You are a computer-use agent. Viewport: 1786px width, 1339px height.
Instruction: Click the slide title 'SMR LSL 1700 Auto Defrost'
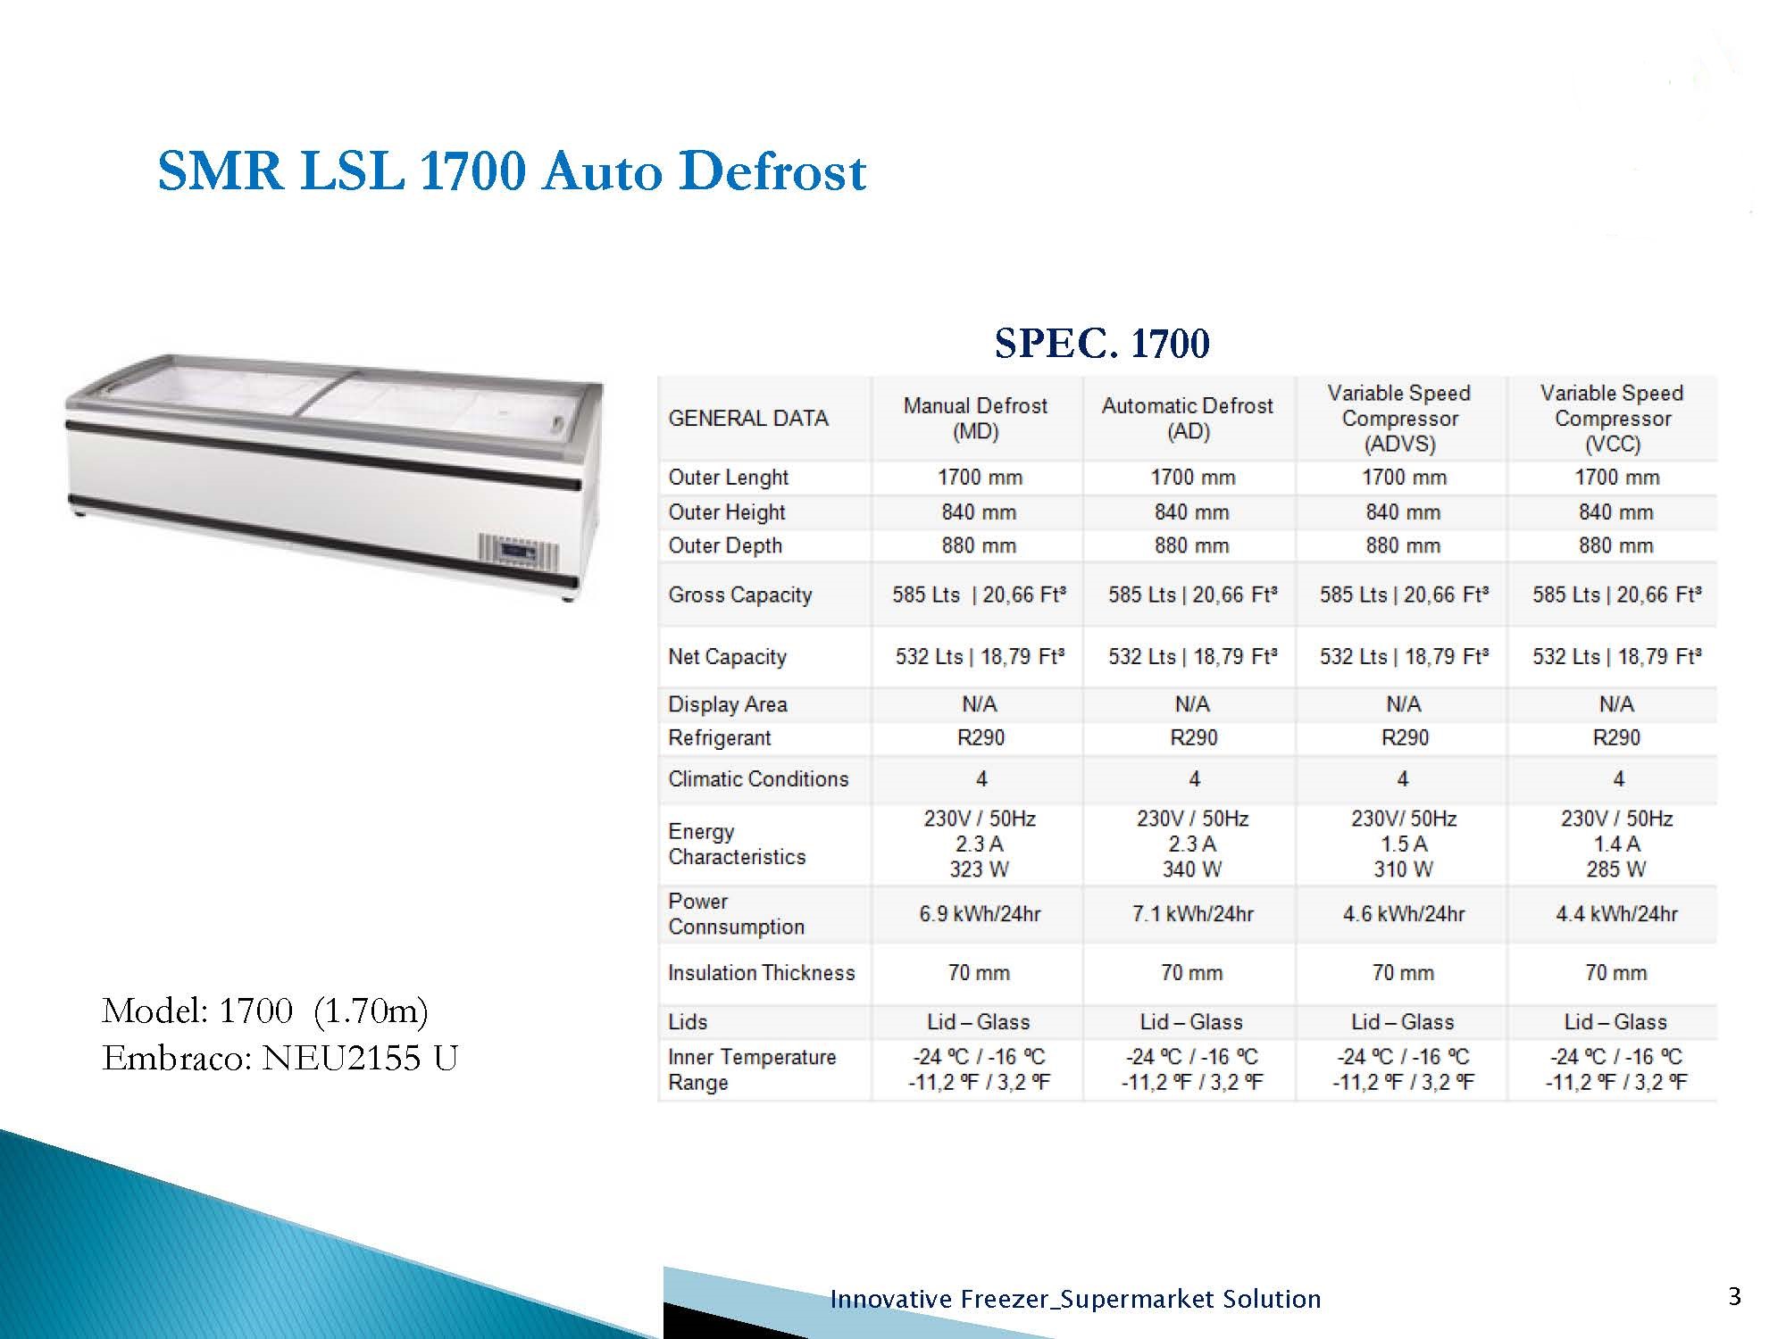point(512,170)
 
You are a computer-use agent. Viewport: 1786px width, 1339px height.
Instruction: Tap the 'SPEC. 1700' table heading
point(1102,344)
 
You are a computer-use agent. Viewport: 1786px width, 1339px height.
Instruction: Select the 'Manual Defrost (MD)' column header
point(975,419)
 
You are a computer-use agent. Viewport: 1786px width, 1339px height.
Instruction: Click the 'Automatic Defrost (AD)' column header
point(1188,419)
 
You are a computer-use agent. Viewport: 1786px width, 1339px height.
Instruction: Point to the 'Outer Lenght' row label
point(728,478)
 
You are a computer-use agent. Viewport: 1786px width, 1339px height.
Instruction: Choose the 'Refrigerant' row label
point(719,738)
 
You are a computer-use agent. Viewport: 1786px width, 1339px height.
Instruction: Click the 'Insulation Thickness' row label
point(761,973)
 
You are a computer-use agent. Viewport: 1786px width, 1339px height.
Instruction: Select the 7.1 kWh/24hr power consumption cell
point(1192,914)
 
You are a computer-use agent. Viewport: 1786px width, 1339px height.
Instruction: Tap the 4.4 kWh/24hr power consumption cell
point(1616,914)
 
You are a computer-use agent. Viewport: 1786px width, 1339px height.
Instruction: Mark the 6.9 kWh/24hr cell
point(980,914)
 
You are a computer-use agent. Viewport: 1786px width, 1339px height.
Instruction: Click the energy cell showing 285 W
point(1616,844)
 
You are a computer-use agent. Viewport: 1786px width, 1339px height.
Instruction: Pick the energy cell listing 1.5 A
point(1404,844)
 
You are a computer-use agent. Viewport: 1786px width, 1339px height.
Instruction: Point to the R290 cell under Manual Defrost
point(981,738)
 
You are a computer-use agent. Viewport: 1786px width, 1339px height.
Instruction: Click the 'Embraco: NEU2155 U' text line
point(280,1059)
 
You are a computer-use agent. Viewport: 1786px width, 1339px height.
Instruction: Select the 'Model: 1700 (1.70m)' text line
point(265,1011)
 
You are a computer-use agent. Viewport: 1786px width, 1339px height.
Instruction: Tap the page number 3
point(1734,1297)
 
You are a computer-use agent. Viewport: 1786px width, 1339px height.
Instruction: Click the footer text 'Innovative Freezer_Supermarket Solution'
point(1075,1299)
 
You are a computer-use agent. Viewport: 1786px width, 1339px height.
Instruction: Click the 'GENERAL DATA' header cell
point(748,419)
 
